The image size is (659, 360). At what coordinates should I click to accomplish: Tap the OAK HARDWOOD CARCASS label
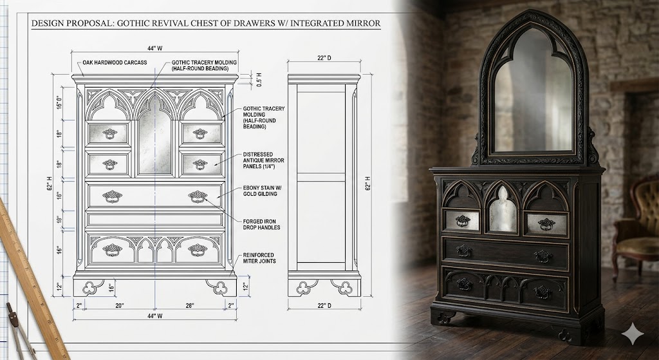click(115, 62)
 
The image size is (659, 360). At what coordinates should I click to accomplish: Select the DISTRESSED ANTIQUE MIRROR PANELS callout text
click(263, 160)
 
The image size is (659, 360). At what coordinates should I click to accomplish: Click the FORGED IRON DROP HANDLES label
click(261, 225)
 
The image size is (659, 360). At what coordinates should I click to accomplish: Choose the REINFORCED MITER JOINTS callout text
click(259, 258)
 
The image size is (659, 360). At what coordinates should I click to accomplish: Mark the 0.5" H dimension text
click(259, 79)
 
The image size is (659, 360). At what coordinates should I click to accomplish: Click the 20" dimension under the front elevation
click(120, 306)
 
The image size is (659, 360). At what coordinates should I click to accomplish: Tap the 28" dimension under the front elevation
click(190, 306)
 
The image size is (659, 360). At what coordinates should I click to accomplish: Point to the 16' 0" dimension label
click(59, 102)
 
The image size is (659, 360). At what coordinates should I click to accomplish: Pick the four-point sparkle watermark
click(633, 334)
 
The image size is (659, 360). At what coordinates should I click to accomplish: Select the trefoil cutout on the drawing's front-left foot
click(89, 288)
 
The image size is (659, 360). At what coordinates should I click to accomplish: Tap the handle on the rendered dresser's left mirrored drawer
click(463, 220)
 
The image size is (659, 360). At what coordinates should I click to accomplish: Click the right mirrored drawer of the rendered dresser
click(546, 224)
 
